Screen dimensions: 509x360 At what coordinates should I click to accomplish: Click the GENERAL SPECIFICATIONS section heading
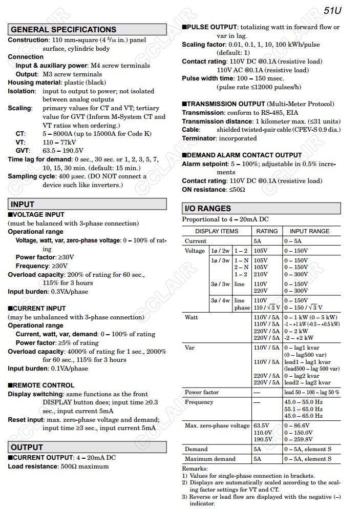63,30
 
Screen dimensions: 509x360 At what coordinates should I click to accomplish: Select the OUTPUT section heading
27,447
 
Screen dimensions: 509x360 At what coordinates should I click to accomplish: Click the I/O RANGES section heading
207,209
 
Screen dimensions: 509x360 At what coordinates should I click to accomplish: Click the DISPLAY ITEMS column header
217,231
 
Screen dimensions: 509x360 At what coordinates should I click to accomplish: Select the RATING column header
267,231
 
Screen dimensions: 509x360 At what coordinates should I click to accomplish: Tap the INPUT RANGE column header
309,231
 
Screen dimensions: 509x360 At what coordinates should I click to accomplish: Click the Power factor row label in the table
202,392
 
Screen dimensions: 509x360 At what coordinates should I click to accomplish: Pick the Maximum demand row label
210,459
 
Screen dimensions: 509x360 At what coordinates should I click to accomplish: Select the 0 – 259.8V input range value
298,439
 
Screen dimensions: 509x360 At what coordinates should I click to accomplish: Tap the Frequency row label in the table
199,402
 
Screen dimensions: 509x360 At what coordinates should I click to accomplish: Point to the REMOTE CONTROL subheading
43,385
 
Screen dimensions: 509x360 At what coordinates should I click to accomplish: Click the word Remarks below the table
195,469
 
